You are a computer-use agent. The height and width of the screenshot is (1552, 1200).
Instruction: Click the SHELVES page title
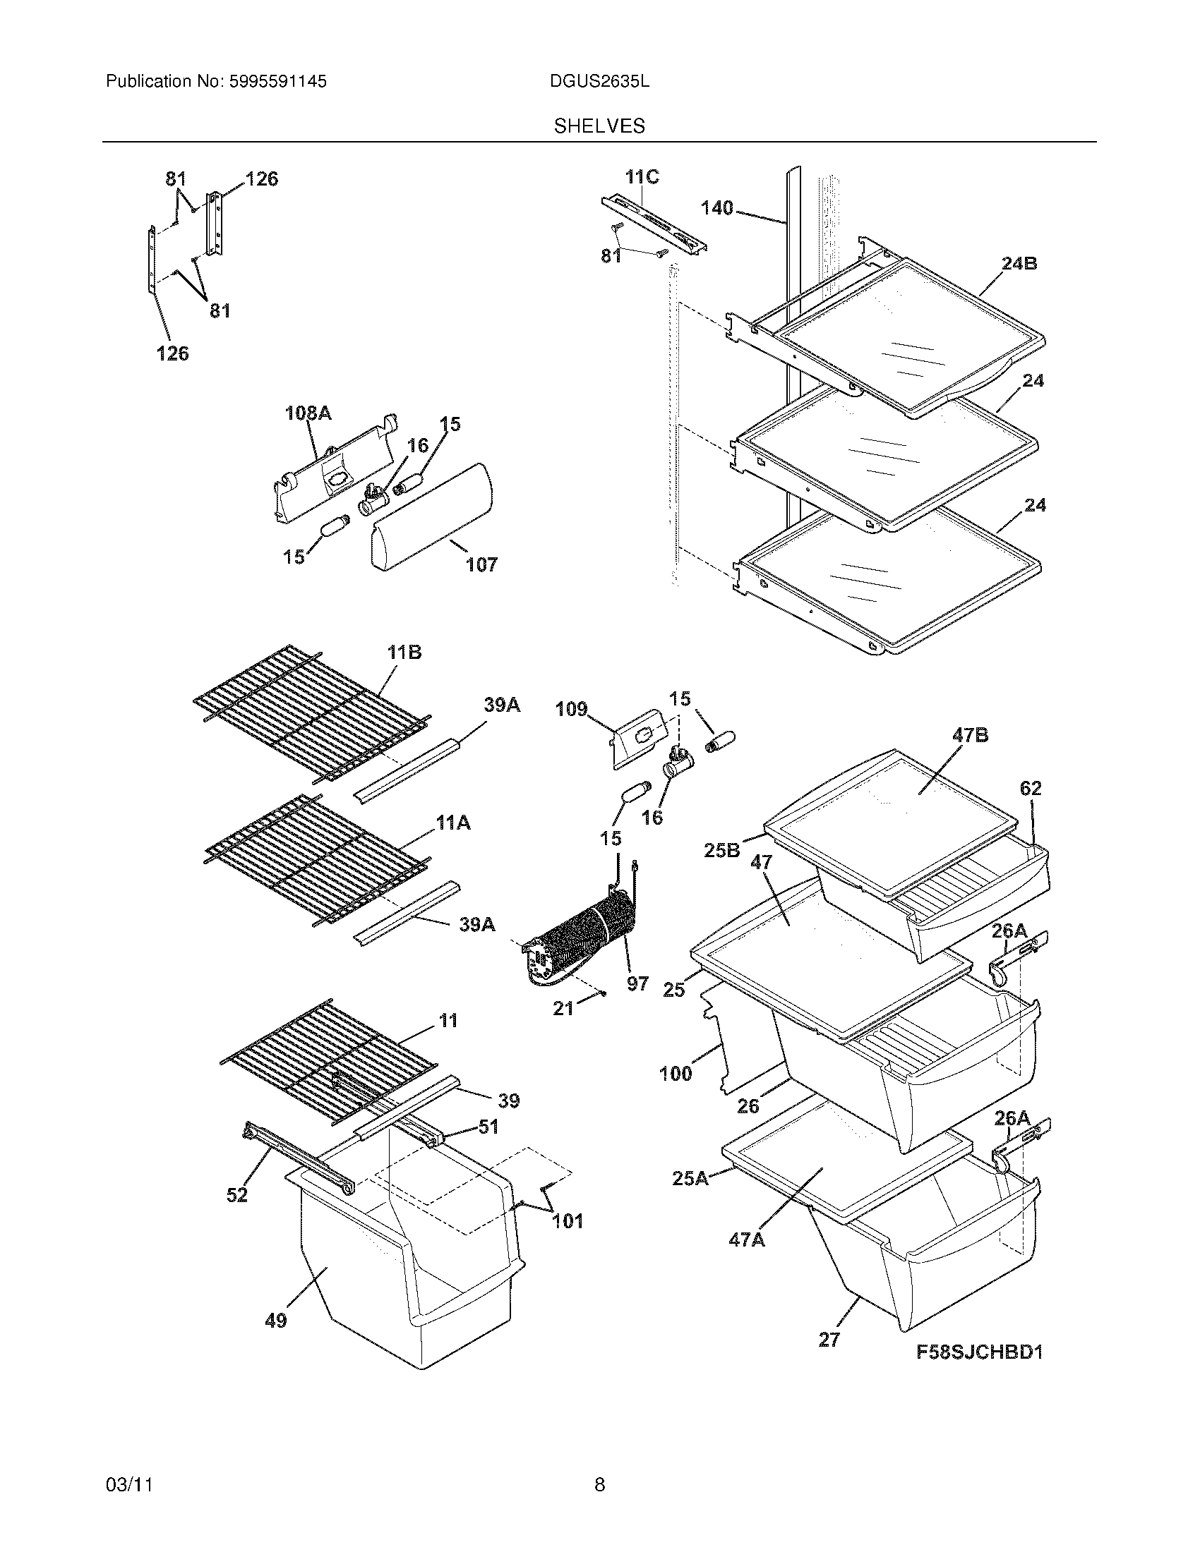[599, 126]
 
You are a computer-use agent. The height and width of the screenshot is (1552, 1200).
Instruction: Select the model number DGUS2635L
[599, 82]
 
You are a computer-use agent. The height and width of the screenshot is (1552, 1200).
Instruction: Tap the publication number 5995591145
[277, 82]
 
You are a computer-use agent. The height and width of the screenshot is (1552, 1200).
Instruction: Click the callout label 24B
[1019, 264]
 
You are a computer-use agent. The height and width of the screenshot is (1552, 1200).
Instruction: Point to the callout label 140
[716, 208]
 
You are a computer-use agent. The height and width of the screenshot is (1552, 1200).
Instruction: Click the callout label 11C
[642, 177]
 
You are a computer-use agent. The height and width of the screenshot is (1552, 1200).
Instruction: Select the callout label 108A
[308, 413]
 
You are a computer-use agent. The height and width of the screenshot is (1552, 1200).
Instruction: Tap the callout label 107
[481, 565]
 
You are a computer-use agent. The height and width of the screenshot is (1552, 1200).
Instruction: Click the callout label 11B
[404, 652]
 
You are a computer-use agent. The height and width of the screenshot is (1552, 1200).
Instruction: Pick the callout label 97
[637, 983]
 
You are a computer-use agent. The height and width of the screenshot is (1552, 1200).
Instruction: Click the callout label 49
[276, 1321]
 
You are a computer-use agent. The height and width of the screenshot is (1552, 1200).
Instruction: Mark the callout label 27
[829, 1340]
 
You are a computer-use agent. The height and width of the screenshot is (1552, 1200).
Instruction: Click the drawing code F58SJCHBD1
[979, 1352]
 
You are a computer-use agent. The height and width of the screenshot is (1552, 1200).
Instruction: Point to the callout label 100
[676, 1074]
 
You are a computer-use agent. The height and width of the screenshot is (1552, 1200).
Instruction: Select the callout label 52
[236, 1195]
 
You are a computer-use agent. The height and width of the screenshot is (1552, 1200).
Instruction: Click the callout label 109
[571, 709]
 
